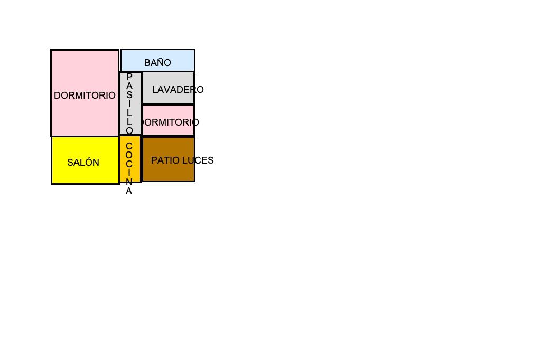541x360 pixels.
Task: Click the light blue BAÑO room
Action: (x=157, y=60)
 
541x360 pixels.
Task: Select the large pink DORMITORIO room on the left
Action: (x=85, y=93)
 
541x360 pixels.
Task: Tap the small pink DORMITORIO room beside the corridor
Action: (x=169, y=120)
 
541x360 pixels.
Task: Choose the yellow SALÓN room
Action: (x=85, y=160)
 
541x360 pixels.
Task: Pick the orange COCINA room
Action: (x=130, y=158)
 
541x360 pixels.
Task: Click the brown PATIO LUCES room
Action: (x=169, y=159)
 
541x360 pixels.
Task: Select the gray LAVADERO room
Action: (x=169, y=88)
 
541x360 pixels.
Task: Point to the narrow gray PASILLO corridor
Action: (x=130, y=103)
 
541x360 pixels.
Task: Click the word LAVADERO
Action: (x=178, y=90)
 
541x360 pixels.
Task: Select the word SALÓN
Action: (x=83, y=162)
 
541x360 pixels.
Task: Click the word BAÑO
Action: (x=157, y=62)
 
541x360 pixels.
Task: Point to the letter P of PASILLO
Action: (x=129, y=77)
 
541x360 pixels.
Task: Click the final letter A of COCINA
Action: (x=129, y=192)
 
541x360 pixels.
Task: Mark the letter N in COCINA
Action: (x=129, y=182)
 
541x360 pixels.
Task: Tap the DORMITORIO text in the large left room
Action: (x=85, y=96)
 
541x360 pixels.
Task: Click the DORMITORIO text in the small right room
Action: (x=170, y=122)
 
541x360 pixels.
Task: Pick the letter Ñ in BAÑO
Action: (x=161, y=62)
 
